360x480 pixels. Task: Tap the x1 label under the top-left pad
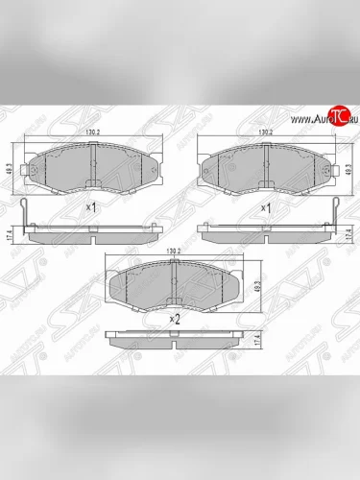[91, 206]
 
